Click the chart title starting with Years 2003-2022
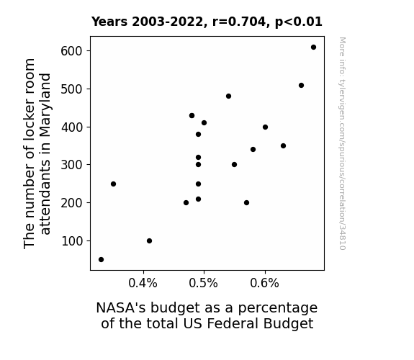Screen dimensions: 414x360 pos(207,22)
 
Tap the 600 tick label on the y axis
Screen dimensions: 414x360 pos(72,51)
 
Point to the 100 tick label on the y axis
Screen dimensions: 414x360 pos(72,241)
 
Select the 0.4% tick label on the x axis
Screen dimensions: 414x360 pos(143,283)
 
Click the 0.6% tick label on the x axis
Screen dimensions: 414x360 pos(264,283)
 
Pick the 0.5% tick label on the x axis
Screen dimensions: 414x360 pos(204,283)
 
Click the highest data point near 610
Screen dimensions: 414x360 pos(313,48)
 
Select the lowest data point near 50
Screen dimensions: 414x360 pos(101,260)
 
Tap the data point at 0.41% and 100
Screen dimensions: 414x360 pos(149,241)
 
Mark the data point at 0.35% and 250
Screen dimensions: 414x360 pos(113,184)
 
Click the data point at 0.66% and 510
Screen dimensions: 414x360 pos(301,85)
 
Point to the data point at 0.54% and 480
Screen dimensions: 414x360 pos(229,96)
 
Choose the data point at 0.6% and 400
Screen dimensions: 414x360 pos(266,127)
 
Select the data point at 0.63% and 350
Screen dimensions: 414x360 pos(283,145)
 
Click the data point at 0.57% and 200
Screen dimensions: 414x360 pos(247,203)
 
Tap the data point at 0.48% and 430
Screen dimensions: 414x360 pos(192,116)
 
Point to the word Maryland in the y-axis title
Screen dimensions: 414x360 pos(45,105)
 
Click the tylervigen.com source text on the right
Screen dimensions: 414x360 pos(343,143)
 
